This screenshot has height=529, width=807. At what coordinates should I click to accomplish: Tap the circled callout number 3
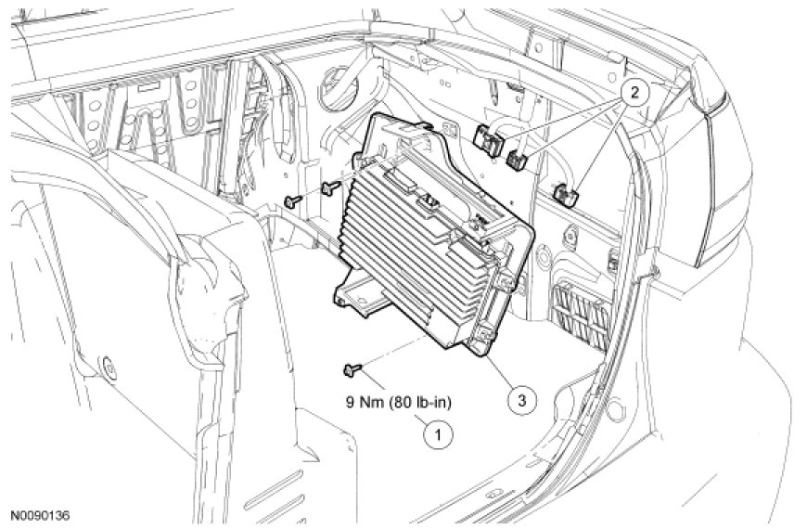[522, 400]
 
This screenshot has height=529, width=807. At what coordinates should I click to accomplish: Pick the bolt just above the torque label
[352, 371]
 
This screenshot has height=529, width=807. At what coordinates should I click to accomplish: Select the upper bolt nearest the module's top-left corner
[329, 189]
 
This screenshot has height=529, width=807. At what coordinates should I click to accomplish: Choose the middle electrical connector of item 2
[519, 160]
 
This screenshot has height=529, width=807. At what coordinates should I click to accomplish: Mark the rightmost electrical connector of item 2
[564, 194]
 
